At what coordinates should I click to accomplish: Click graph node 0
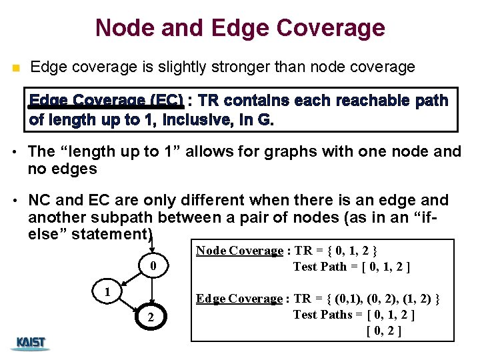[153, 267]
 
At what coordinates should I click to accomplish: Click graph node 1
[106, 293]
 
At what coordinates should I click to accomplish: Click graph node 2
[152, 319]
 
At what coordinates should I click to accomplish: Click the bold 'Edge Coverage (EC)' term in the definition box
[106, 101]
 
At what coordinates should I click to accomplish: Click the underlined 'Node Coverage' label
[239, 251]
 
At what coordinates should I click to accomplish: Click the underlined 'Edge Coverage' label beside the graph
[239, 299]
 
